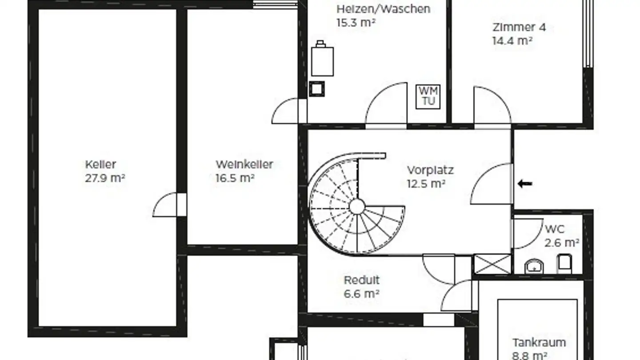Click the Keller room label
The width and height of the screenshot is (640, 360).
100,164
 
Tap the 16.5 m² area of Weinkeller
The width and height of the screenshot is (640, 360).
235,178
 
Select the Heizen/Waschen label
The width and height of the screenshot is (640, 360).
384,9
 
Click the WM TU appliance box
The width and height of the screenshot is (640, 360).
428,96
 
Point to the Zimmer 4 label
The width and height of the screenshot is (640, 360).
519,27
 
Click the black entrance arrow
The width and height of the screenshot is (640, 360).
525,184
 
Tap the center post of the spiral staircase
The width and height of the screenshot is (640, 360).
357,206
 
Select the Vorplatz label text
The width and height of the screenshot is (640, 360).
430,170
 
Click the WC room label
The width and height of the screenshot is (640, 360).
555,229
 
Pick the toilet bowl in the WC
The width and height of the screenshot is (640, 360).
565,264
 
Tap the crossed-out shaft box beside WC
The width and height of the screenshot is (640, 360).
492,264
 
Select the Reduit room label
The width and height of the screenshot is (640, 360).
362,280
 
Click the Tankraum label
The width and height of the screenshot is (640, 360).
539,342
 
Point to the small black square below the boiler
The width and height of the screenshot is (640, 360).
317,89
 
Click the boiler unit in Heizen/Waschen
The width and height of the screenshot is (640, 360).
322,59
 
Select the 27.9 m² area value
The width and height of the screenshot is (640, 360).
105,178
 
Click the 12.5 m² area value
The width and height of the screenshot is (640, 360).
426,184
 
